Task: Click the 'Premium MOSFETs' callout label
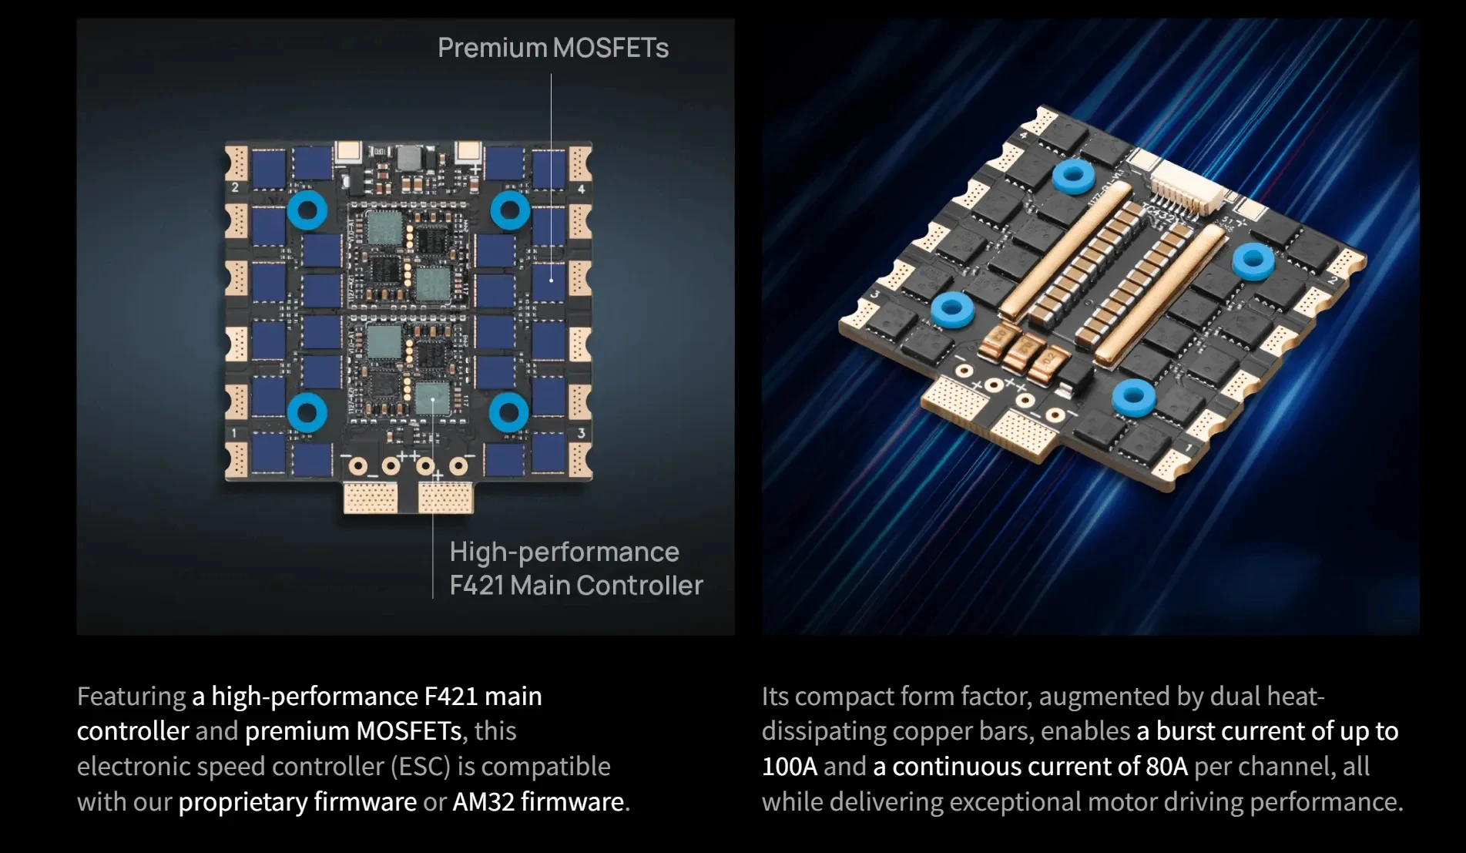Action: pos(553,48)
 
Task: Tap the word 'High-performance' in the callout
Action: pos(564,552)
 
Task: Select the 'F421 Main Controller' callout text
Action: pos(576,586)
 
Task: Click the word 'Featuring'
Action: pos(131,697)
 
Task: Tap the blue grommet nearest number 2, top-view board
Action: pos(307,210)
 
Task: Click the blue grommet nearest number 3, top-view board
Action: pos(509,412)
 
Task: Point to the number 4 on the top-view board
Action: pos(581,190)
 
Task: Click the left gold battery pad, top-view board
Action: pos(371,497)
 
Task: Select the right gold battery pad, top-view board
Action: pos(446,497)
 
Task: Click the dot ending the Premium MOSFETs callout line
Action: pos(551,280)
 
